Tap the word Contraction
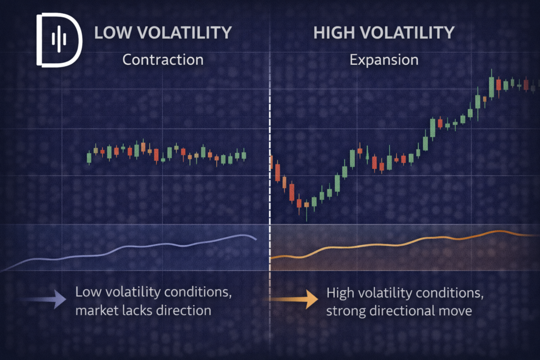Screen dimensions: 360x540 coord(162,60)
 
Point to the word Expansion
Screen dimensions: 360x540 coord(384,60)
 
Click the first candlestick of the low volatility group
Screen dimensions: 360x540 coord(89,157)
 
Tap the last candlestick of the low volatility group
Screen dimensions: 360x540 coord(244,155)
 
